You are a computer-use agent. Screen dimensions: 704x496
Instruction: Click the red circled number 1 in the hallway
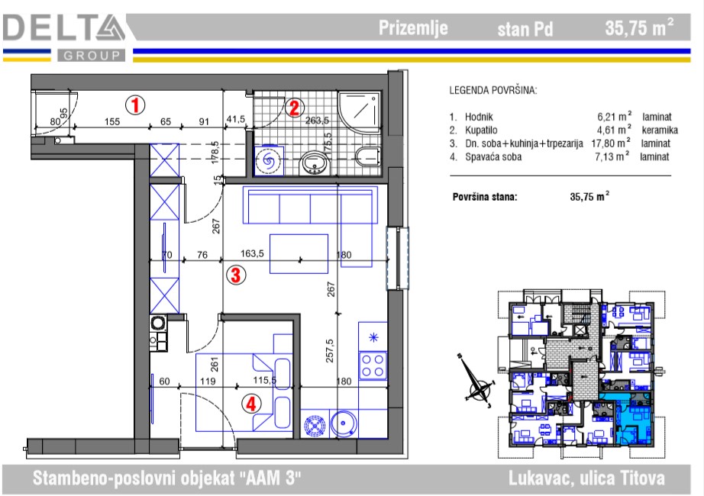coord(135,105)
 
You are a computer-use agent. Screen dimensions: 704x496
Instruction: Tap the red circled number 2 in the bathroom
coord(294,108)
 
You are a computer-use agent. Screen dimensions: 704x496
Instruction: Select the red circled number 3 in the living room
coord(236,274)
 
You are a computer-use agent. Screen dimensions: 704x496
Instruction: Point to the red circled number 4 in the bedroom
coord(251,404)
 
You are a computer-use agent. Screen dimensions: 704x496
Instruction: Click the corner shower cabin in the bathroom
coord(359,111)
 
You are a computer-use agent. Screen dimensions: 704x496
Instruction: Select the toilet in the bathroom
coord(368,157)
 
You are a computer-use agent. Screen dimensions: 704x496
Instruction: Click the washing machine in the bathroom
coord(269,160)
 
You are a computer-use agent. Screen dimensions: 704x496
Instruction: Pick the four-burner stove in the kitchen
coord(373,366)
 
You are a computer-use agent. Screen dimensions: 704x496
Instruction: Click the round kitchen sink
coord(344,424)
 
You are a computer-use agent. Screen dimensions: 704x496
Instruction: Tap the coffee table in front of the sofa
coord(299,253)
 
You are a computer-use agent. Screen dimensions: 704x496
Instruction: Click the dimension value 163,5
coord(252,253)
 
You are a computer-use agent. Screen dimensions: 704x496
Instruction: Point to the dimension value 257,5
coord(330,350)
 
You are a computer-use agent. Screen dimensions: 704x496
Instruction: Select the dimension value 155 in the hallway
coord(112,121)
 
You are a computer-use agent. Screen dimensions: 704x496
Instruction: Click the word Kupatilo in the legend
coord(481,130)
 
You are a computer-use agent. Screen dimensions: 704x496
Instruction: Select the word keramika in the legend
coord(660,130)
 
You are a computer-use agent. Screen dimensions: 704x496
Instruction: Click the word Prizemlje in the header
coord(413,27)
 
